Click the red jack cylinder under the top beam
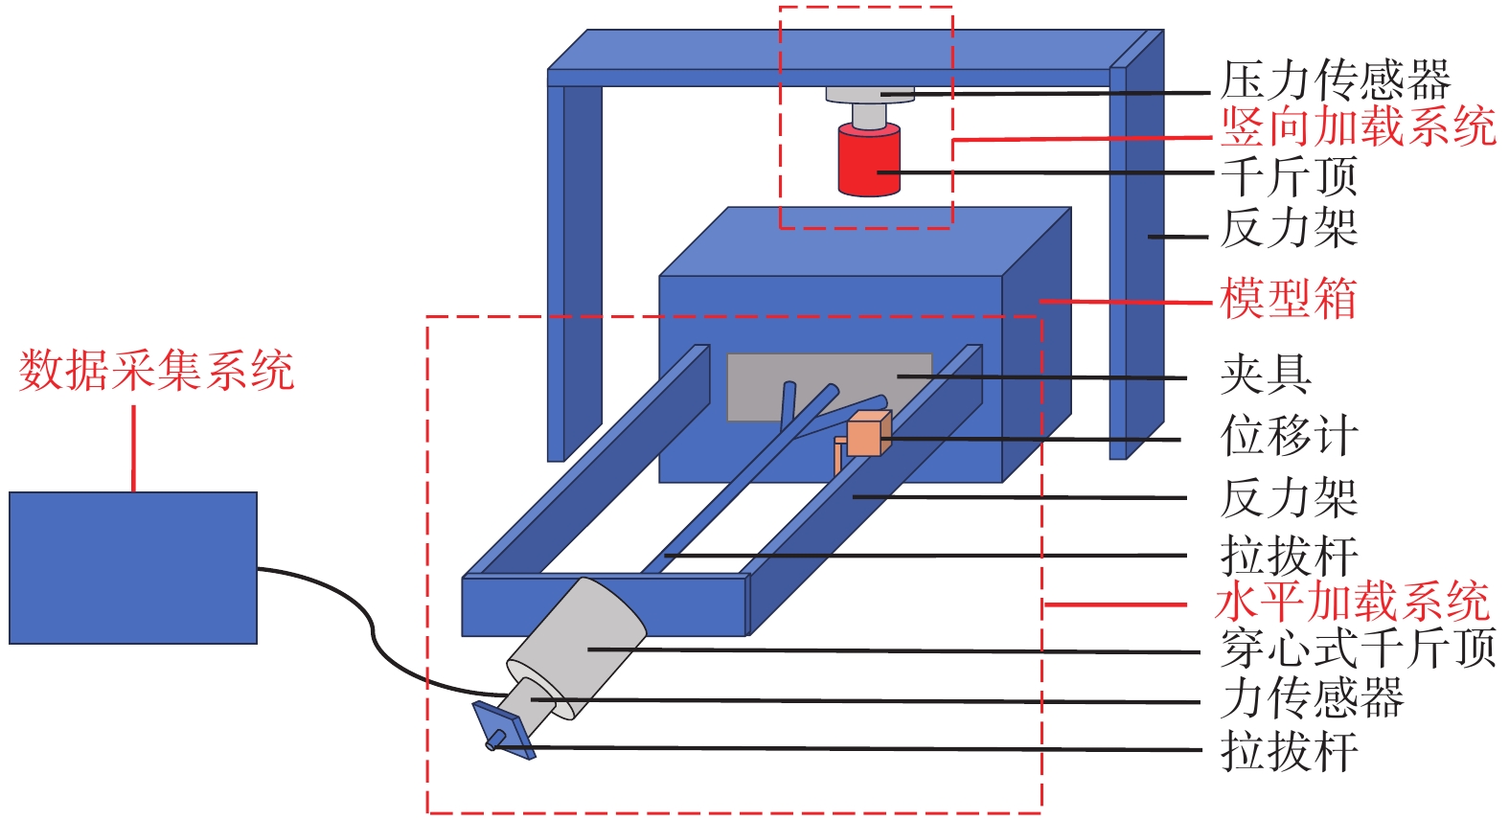(x=869, y=161)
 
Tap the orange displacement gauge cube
(x=869, y=434)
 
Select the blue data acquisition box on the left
(x=133, y=567)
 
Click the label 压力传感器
(x=1336, y=80)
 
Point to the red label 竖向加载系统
(x=1358, y=126)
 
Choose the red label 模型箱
(x=1289, y=299)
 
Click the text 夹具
(x=1266, y=375)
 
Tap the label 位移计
(x=1289, y=436)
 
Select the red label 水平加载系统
(x=1352, y=603)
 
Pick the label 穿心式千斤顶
(x=1358, y=649)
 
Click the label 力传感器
(x=1312, y=698)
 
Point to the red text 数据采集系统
(x=156, y=371)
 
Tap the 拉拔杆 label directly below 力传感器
(x=1289, y=751)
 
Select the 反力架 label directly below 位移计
(x=1289, y=498)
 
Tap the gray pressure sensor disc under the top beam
(x=870, y=95)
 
